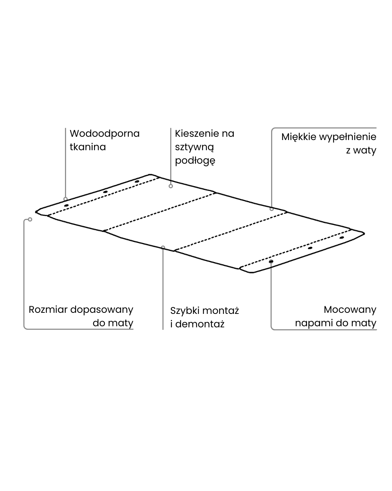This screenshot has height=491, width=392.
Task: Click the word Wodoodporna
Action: (105, 133)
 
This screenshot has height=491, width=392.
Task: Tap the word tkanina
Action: (87, 147)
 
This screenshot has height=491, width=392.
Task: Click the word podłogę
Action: (195, 160)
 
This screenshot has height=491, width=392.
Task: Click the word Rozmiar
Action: (48, 310)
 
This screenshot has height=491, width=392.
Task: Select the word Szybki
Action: (185, 311)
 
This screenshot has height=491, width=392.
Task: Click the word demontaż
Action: (200, 324)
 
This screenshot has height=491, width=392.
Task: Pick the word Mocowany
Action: (350, 310)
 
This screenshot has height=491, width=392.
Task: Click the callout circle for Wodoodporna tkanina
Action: (65, 199)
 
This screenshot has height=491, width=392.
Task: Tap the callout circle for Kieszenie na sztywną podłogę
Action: (171, 186)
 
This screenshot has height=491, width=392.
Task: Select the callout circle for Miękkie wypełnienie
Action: (271, 209)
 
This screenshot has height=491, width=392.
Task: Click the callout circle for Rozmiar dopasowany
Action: (30, 219)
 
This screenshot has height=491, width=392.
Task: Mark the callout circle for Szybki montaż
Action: (163, 247)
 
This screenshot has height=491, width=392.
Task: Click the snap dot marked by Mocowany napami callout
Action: (271, 262)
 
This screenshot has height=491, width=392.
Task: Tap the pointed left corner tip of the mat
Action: (36, 211)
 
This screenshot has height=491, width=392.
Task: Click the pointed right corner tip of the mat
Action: (364, 233)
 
